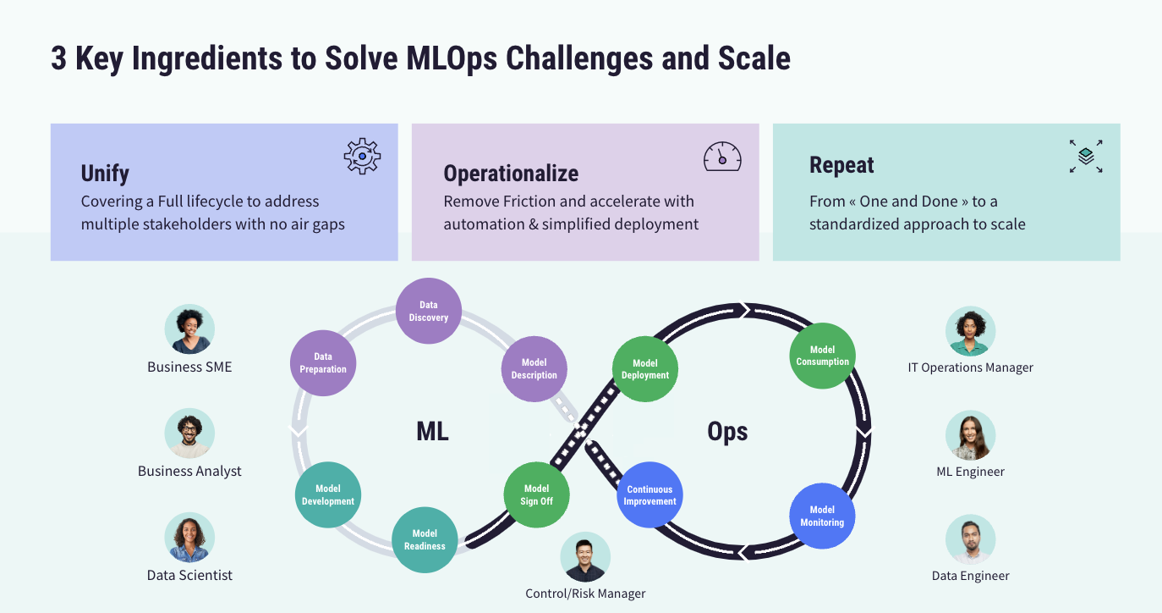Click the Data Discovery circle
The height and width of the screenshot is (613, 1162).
(429, 312)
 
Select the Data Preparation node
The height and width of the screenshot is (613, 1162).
(323, 363)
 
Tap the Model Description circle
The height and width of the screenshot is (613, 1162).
(534, 368)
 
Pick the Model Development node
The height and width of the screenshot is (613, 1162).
(328, 494)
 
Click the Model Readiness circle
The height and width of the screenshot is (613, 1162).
(425, 539)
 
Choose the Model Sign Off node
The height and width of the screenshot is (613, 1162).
(536, 494)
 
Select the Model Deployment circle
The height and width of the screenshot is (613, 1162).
(644, 369)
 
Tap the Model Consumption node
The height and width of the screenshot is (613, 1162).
(822, 356)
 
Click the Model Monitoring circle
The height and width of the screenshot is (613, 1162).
(822, 516)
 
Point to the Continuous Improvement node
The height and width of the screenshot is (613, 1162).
(650, 495)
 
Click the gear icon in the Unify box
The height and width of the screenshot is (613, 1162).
(362, 157)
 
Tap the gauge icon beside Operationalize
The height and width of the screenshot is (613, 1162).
(722, 157)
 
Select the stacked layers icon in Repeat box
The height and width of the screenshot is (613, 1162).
(1086, 157)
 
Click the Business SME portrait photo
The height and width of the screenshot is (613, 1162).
(189, 329)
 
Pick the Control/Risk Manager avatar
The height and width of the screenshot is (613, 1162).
(585, 557)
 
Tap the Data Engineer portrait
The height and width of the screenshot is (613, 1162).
(970, 540)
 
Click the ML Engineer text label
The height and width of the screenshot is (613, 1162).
(970, 472)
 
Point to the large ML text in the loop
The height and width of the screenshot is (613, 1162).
(432, 432)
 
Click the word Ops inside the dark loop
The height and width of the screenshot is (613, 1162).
(727, 432)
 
